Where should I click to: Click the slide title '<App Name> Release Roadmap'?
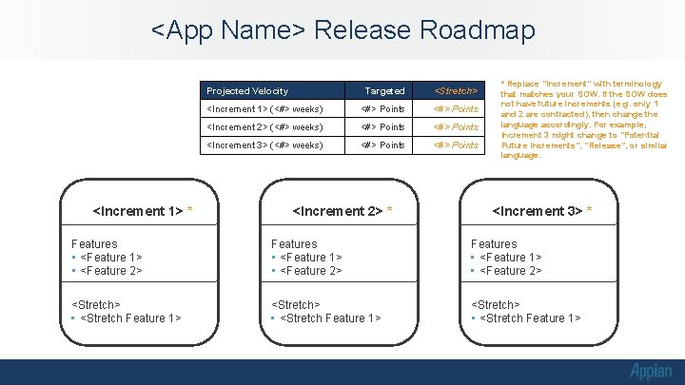click(x=342, y=30)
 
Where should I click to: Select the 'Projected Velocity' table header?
click(x=247, y=91)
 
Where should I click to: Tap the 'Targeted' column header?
click(x=384, y=91)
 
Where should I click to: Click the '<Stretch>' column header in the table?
click(x=456, y=91)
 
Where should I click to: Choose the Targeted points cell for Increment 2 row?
click(x=382, y=127)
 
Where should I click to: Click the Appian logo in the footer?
click(x=649, y=372)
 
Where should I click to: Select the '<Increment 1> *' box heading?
click(x=143, y=211)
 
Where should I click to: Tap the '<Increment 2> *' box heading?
click(x=342, y=211)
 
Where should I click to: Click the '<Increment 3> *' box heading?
click(x=541, y=211)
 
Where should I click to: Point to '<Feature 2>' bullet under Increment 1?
click(x=111, y=271)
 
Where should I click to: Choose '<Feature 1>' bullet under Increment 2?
click(x=311, y=258)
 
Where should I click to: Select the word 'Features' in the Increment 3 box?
click(x=494, y=244)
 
